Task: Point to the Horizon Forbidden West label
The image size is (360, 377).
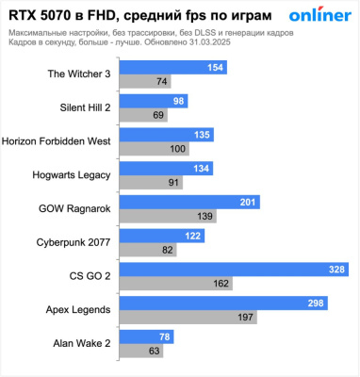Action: click(x=57, y=141)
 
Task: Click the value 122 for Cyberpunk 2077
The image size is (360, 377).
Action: click(x=193, y=235)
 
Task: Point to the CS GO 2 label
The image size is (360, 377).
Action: click(x=91, y=275)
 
